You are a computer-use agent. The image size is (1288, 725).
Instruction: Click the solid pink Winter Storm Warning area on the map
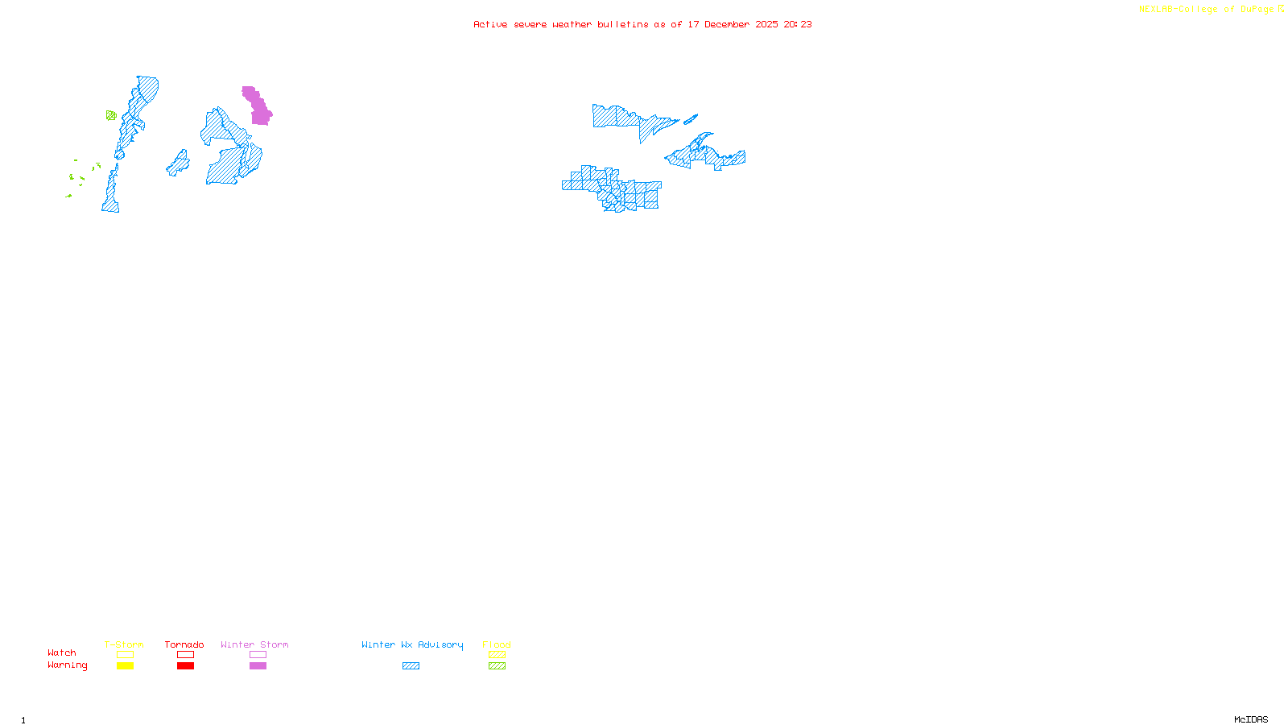pos(258,107)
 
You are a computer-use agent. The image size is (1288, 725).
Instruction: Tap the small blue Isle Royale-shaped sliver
pos(691,119)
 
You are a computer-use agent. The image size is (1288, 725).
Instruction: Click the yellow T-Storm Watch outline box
pos(125,655)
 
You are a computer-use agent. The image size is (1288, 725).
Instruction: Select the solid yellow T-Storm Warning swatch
pos(125,666)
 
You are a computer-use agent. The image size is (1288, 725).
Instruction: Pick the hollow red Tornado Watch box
pos(186,655)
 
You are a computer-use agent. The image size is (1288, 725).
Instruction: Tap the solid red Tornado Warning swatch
pos(186,666)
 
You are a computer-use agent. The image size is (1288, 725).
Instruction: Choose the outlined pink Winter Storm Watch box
pos(258,655)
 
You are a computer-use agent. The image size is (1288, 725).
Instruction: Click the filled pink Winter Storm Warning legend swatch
pos(258,666)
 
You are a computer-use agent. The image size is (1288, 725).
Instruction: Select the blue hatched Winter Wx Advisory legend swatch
pos(411,666)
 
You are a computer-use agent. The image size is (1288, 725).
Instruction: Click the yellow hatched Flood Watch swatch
pos(497,655)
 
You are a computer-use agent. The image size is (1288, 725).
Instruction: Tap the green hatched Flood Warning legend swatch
pos(497,666)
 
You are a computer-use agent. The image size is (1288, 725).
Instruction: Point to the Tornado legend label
pos(184,644)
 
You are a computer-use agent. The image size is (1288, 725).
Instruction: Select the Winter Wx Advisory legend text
pos(412,644)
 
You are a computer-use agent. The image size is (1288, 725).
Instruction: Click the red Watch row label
pos(62,652)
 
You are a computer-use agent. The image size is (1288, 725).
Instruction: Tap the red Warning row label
pos(68,665)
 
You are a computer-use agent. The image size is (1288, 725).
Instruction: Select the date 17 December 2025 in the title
pos(733,24)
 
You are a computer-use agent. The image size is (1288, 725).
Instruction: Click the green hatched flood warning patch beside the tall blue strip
pos(111,116)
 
